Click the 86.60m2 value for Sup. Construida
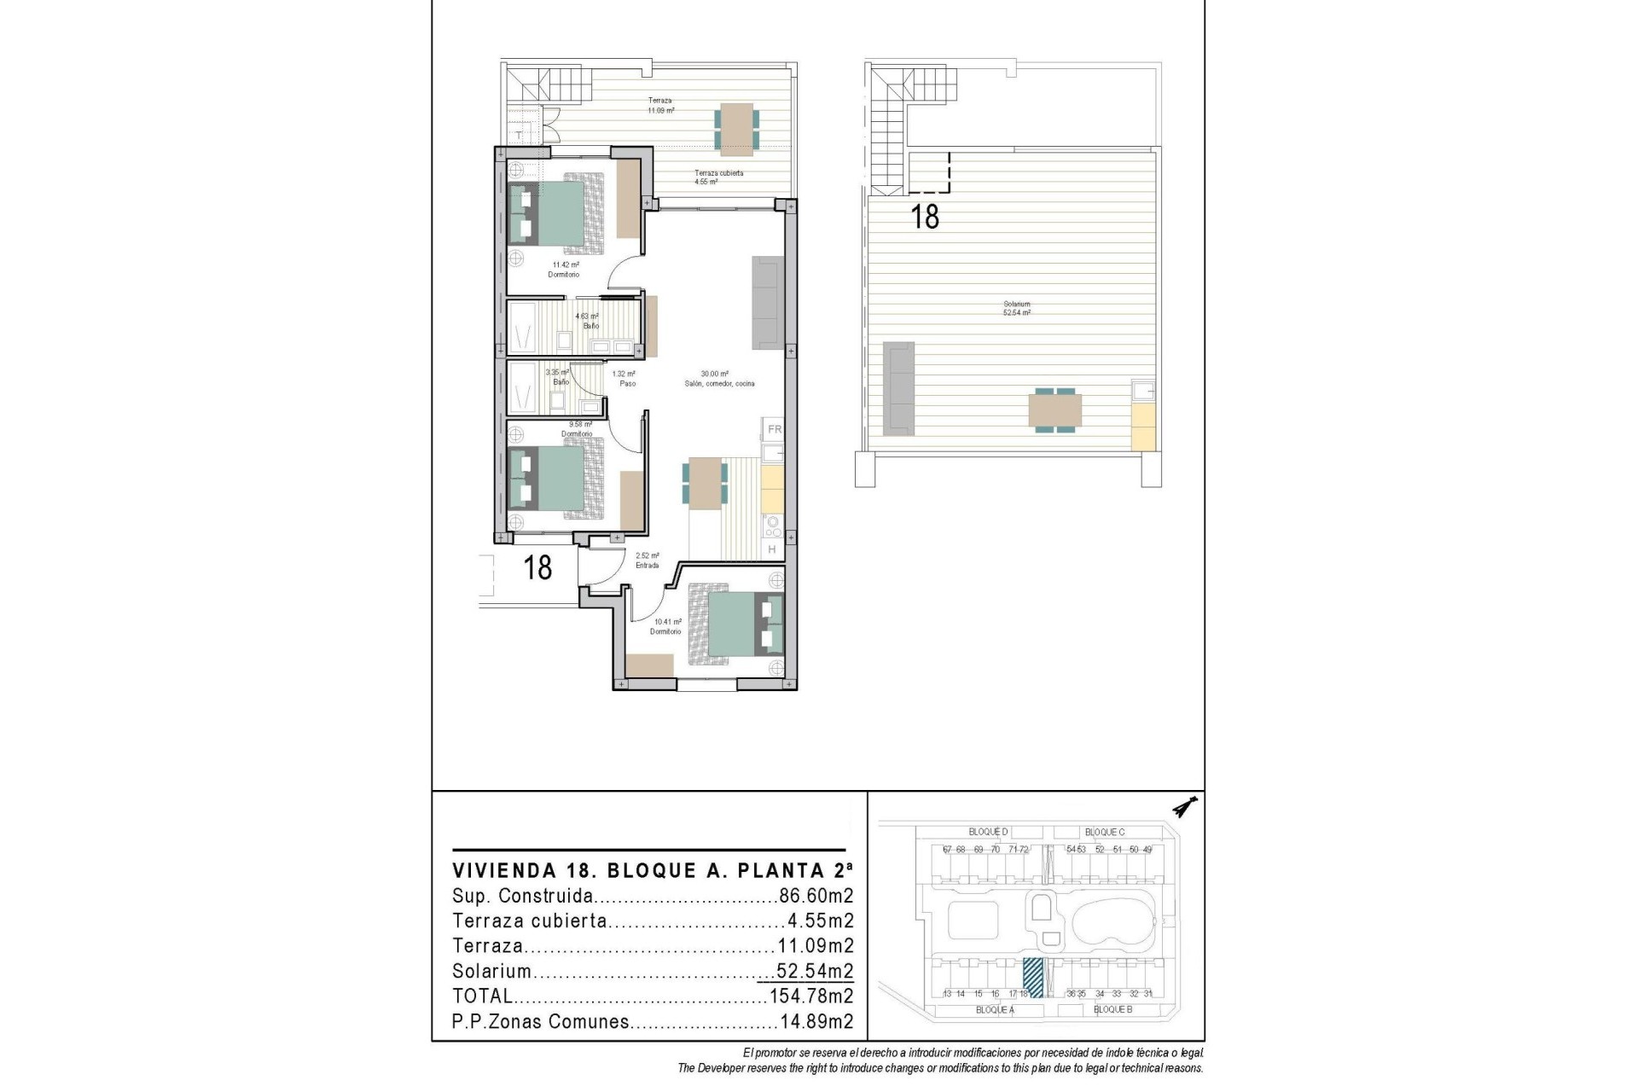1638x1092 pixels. [816, 897]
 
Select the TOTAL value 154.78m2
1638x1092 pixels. [810, 996]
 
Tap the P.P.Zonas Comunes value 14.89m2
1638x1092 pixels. [816, 1022]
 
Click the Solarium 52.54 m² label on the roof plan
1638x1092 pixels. [1017, 309]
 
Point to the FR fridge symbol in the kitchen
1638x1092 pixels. [774, 430]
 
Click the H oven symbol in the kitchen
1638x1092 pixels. [772, 549]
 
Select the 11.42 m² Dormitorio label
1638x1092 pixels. [564, 270]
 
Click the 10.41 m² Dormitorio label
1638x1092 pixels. [665, 627]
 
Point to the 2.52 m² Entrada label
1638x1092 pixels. [647, 561]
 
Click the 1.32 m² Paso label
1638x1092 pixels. [624, 379]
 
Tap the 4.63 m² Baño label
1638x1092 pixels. [588, 321]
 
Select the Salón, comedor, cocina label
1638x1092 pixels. [718, 384]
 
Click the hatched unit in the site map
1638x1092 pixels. [1032, 978]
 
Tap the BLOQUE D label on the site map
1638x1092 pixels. [988, 832]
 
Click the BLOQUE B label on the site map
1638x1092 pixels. [1112, 1009]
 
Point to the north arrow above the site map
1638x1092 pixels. [1185, 805]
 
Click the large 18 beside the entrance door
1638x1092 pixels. [537, 567]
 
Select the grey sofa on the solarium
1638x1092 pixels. [897, 386]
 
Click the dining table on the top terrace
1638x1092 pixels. [735, 129]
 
